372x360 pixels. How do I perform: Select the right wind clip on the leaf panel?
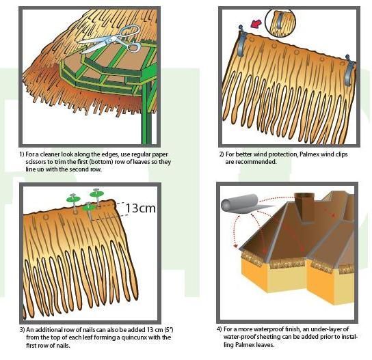(349, 68)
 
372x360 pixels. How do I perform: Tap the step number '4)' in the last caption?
(220, 329)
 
